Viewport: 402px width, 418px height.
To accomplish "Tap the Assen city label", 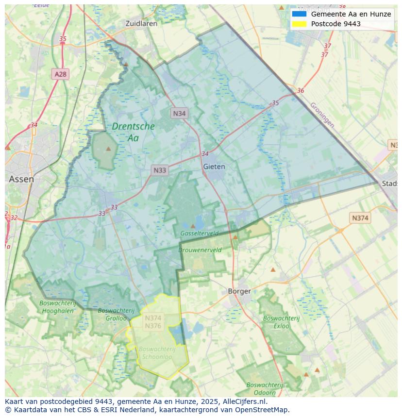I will click(21, 179).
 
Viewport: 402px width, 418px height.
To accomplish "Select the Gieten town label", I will click(214, 167).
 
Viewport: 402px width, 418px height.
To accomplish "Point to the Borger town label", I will click(239, 291).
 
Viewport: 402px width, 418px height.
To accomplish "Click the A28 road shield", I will click(60, 74).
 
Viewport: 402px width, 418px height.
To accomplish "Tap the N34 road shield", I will click(179, 114).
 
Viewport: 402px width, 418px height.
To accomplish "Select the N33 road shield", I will click(160, 170).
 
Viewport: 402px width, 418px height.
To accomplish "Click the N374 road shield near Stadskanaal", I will click(360, 218).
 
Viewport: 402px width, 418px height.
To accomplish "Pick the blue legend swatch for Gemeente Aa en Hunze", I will click(299, 14).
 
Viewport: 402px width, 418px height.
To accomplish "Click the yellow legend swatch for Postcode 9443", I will click(299, 24).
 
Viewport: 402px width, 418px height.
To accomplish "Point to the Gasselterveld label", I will click(199, 234).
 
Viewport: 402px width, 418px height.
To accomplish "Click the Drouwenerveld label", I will click(200, 250).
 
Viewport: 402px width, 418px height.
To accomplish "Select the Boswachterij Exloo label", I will click(281, 322).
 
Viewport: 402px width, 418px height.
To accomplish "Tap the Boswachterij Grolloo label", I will click(116, 314).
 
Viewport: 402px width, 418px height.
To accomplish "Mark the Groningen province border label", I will click(322, 115).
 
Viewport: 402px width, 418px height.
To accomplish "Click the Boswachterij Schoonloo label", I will click(156, 352).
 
